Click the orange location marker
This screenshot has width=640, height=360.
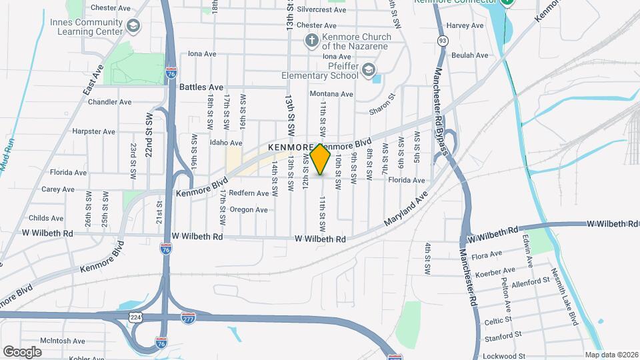pos(321,159)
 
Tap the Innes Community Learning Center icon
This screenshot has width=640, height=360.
pos(134,26)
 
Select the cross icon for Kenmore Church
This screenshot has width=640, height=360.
pos(311,41)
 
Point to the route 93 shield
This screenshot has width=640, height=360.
pos(443,41)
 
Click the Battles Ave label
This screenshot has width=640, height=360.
pos(207,87)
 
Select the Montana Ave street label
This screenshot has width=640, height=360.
pos(331,94)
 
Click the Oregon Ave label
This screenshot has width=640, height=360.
pos(248,209)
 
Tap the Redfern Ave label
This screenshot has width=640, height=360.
pos(248,193)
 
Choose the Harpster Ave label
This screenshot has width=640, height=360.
pos(93,131)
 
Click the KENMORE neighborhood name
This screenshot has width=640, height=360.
pos(289,147)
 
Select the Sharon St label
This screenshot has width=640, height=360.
pos(383,105)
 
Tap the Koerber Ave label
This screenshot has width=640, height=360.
pos(499,271)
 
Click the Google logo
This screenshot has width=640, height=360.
pos(22,351)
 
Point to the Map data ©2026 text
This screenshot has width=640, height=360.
pos(611,355)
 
